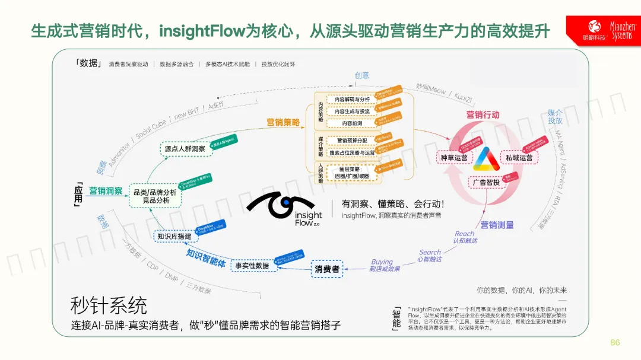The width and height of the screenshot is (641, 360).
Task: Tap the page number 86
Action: point(615,343)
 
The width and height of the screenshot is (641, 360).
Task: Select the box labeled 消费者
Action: point(327,269)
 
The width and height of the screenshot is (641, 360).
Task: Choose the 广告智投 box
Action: point(487,183)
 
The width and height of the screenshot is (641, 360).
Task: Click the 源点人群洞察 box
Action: point(185,149)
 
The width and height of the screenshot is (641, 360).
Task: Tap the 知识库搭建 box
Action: point(174,236)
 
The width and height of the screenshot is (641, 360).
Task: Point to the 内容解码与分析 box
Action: point(352,100)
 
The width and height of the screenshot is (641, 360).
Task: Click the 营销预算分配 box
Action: point(352,141)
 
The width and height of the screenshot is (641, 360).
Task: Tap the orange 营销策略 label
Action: point(283,122)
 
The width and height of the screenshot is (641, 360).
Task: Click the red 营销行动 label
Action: point(483,114)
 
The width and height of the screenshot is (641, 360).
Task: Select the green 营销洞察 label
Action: point(106,191)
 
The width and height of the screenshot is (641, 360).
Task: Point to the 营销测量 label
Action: point(497,225)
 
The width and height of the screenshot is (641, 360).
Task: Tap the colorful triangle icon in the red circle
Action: point(487,158)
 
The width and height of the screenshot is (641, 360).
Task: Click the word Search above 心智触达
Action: point(430,252)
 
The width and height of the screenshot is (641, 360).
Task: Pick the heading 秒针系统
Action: point(109,306)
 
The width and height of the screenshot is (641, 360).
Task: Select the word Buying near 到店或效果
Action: point(382,262)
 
